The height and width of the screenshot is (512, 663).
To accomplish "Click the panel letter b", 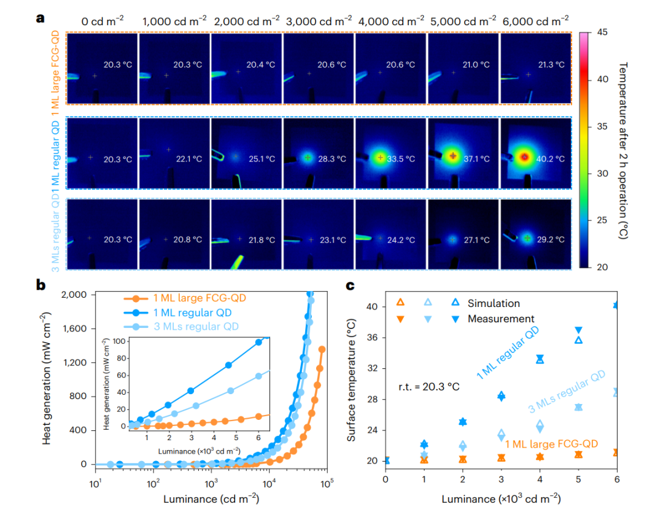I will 41,285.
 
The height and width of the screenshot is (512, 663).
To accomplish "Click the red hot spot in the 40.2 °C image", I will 524,157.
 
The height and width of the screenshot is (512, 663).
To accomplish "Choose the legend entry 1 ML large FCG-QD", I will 190,299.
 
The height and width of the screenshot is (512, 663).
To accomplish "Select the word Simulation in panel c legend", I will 494,303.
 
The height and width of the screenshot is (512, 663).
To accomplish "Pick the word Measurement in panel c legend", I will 500,319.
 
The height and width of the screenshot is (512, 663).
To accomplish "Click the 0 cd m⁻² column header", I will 102,21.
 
